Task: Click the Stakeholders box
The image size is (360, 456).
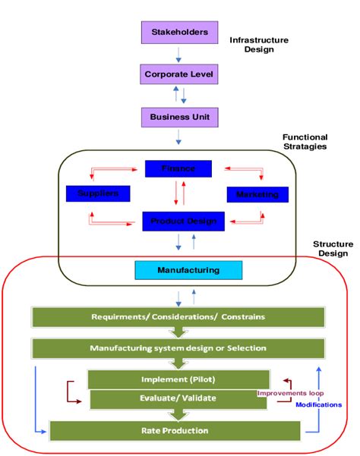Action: coord(180,32)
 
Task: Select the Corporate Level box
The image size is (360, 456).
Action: coord(180,74)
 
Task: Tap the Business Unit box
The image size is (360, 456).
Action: coord(180,117)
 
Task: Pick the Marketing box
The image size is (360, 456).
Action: coord(257,195)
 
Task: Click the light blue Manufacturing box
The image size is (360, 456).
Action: coord(188,269)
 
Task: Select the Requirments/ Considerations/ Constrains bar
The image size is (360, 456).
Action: coord(179,316)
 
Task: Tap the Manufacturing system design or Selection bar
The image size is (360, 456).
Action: coord(179,348)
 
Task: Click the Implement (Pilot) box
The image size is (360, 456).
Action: coord(178,379)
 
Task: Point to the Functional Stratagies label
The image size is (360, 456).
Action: coord(305,142)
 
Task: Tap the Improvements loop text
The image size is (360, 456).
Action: coord(290,393)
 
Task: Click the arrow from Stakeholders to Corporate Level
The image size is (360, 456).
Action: coord(179,54)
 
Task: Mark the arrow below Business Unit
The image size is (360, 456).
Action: coord(179,137)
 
